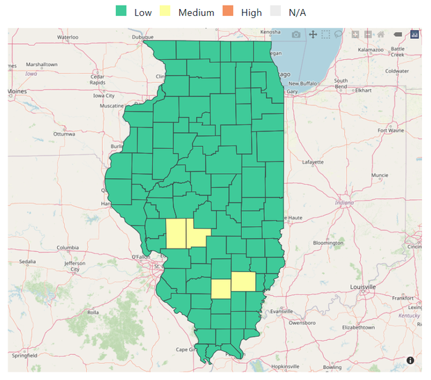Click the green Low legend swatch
122,12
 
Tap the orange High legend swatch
228,12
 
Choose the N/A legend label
297,13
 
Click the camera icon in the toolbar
296,34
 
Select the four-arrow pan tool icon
313,34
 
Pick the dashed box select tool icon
326,34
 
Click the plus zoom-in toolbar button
355,34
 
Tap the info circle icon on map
410,361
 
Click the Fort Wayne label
391,130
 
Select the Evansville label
282,311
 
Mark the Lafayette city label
312,162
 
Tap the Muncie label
380,175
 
